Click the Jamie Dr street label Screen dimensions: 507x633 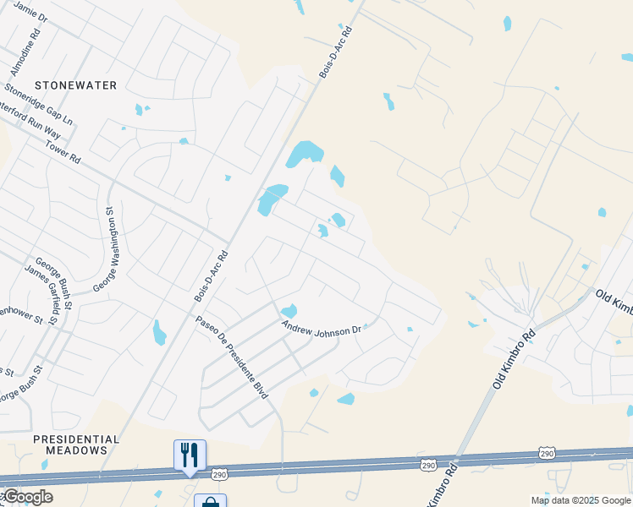[x=31, y=10]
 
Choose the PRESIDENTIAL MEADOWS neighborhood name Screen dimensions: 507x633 [x=76, y=444]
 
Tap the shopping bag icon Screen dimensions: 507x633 [x=209, y=502]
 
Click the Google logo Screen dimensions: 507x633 [x=27, y=497]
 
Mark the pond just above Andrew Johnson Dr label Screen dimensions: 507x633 [x=289, y=311]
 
